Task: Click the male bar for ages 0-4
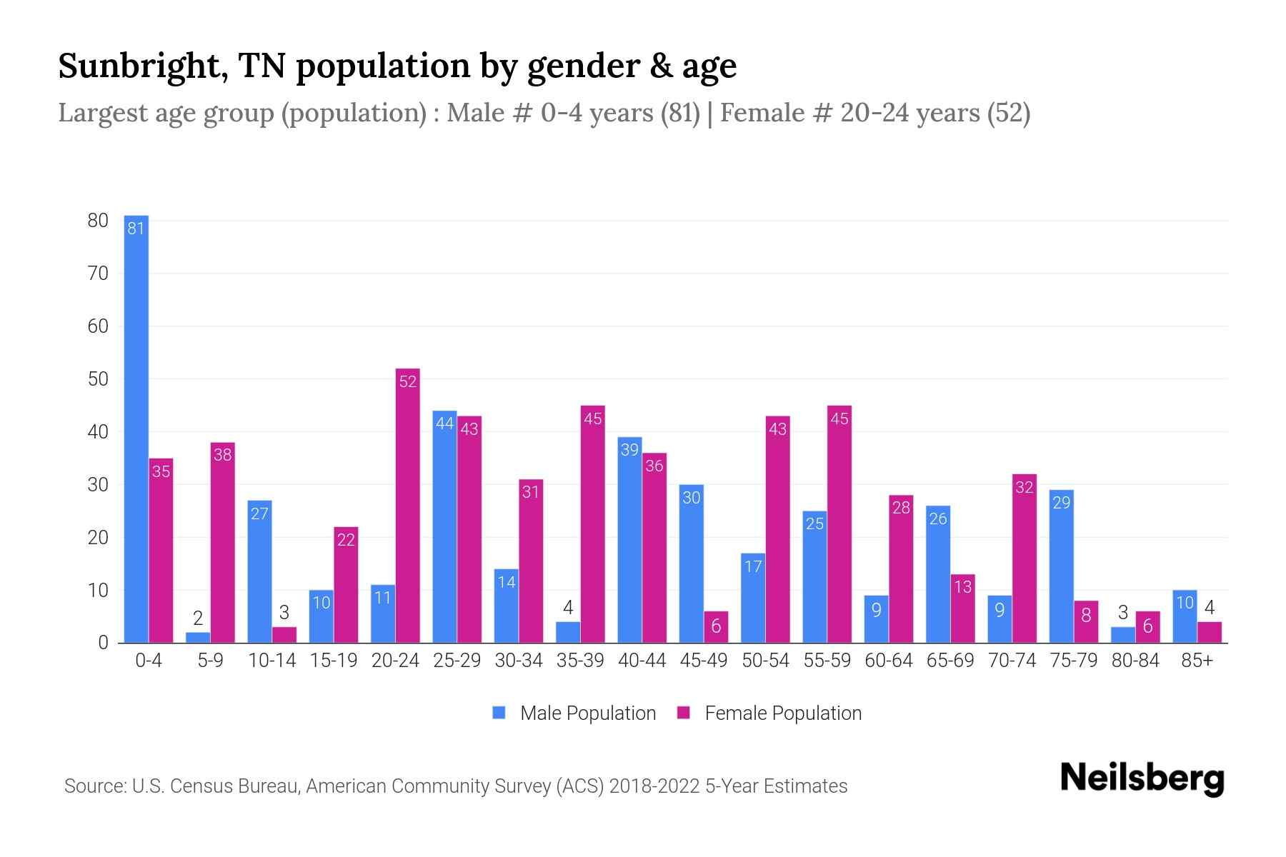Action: (x=136, y=428)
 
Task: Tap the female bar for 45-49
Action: (x=716, y=627)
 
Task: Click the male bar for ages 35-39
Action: (x=568, y=633)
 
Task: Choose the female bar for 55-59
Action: (x=839, y=524)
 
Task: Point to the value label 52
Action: (x=407, y=381)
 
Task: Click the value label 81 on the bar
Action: (x=136, y=229)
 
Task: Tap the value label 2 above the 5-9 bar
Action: (x=198, y=618)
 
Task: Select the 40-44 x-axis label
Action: (x=642, y=661)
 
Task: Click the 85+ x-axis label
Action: (x=1197, y=661)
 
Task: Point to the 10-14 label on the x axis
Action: (x=271, y=661)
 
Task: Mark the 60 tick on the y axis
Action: (x=98, y=326)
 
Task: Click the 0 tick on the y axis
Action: (x=103, y=643)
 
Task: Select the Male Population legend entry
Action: (x=587, y=713)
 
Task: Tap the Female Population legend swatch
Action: (x=684, y=713)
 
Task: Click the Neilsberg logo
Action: (x=1142, y=778)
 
